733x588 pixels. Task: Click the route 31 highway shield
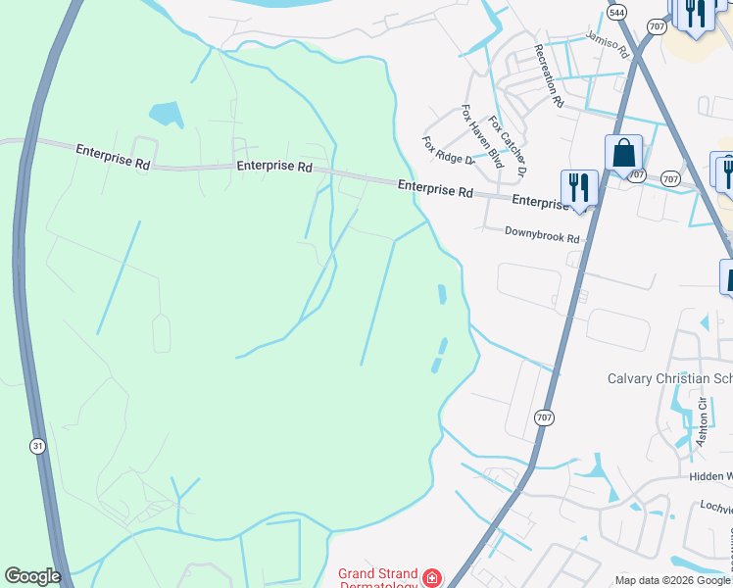[37, 446]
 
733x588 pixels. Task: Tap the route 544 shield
[615, 13]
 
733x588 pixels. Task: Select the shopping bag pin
[623, 154]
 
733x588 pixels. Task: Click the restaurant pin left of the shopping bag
[579, 187]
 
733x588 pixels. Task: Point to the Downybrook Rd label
[542, 236]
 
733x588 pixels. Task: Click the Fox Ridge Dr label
[448, 150]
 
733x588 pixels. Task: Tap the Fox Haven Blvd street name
[482, 136]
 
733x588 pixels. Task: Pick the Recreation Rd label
[549, 74]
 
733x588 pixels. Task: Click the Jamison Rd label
[607, 44]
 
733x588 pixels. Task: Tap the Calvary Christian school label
[669, 378]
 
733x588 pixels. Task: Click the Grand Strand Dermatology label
[378, 578]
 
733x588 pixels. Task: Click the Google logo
[32, 576]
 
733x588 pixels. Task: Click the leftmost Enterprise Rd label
[113, 157]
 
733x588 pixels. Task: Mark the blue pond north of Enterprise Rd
[167, 115]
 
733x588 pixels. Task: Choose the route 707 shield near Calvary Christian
[546, 417]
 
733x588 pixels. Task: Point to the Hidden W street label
[705, 477]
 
